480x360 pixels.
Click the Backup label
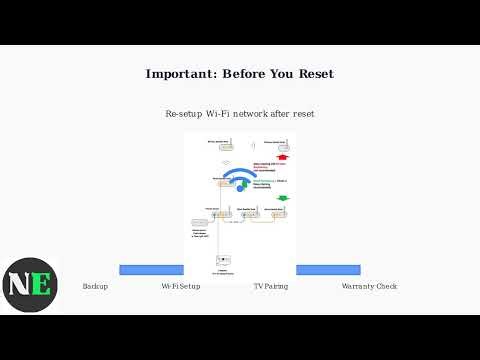point(95,286)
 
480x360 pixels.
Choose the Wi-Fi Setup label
point(181,286)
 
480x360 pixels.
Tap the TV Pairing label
point(270,286)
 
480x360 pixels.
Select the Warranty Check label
point(369,286)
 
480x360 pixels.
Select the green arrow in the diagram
point(281,198)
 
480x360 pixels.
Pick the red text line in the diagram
point(267,165)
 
